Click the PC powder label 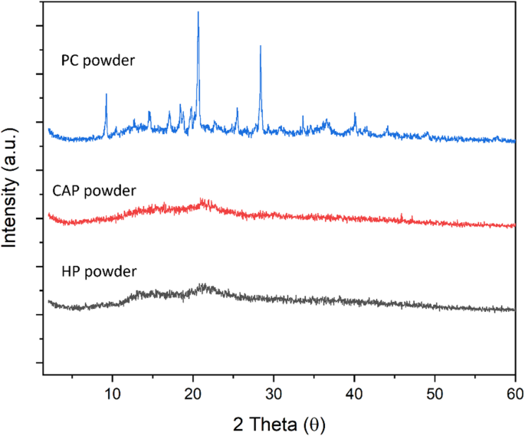pos(98,58)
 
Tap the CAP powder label pos(94,190)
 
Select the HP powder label pos(99,271)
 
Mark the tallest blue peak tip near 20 pos(198,12)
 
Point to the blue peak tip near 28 pos(261,46)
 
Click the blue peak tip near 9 pos(106,94)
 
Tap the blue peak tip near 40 pos(355,113)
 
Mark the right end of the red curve pos(515,226)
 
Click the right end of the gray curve pos(515,310)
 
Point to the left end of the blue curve pos(48,129)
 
